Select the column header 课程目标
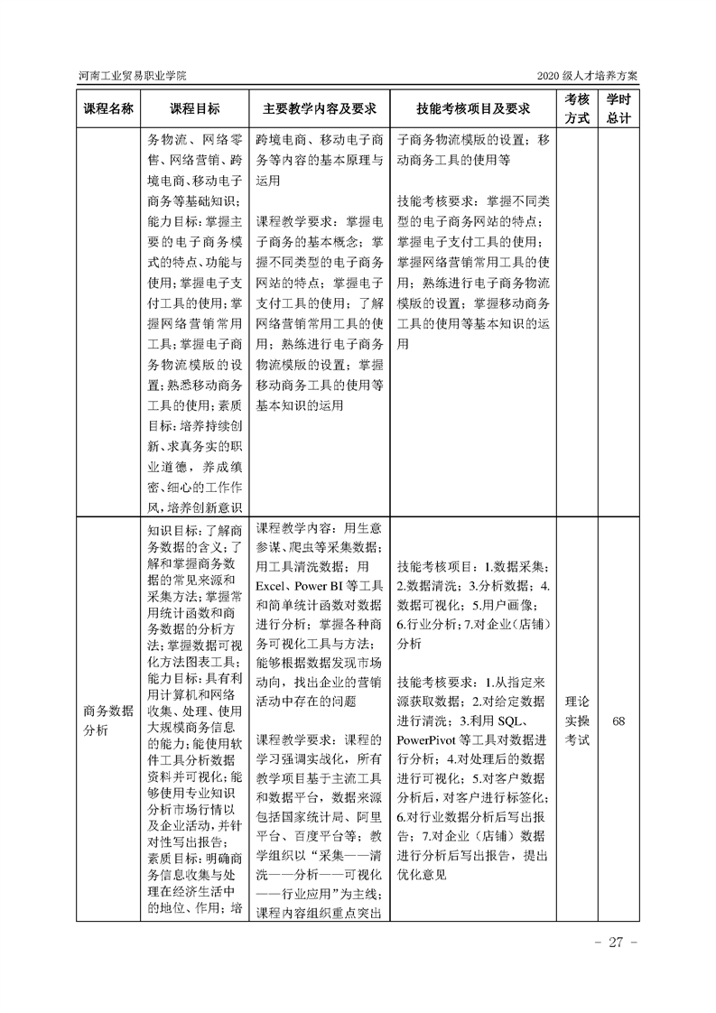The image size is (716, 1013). coord(194,108)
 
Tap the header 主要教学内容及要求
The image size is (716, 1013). coord(319,108)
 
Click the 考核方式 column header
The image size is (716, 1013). coord(577,108)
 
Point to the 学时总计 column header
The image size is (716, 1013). coord(618,108)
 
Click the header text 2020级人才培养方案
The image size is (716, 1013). coord(586,75)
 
